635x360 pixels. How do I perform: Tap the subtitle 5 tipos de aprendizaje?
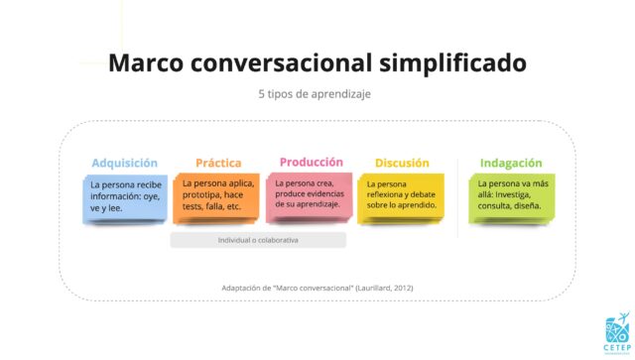pos(317,95)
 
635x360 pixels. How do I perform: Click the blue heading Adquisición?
pos(125,164)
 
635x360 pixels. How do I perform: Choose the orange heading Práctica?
pos(218,164)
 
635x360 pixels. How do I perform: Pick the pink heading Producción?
pos(311,162)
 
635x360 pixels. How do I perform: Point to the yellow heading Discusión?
pos(401,164)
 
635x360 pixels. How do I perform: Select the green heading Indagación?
pos(511,164)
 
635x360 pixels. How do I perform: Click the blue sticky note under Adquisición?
pos(125,198)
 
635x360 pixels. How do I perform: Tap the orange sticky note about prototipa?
pos(219,198)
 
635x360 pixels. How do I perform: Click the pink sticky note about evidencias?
pos(312,195)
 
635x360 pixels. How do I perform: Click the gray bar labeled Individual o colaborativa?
pos(258,240)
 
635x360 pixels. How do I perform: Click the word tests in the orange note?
pos(192,206)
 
